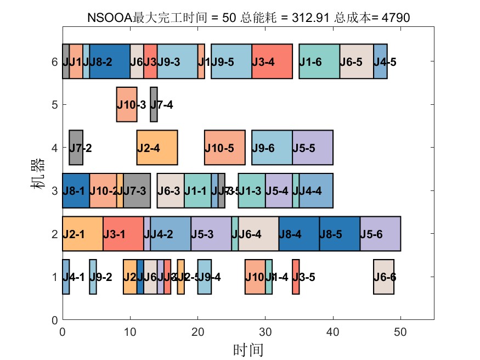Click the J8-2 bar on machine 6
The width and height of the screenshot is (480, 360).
[110, 61]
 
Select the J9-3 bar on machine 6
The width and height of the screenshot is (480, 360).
[177, 61]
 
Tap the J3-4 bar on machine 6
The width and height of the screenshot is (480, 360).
[272, 61]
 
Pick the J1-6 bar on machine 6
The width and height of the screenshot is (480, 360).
[319, 61]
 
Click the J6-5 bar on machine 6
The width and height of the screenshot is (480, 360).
[357, 61]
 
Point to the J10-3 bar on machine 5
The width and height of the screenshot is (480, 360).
[127, 104]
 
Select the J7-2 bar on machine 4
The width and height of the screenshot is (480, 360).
[76, 147]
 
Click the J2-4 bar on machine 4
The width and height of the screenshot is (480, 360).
[157, 147]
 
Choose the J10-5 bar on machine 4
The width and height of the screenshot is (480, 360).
[225, 147]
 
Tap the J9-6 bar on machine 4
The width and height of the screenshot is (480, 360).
[272, 147]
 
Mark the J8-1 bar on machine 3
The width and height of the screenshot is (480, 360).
[76, 190]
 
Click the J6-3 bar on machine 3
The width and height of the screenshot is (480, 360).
[171, 190]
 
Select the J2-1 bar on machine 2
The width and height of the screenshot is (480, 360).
[82, 234]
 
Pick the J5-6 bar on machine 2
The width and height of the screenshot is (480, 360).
[380, 234]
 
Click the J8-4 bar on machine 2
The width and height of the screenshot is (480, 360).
[299, 234]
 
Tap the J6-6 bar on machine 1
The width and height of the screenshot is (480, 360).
[383, 277]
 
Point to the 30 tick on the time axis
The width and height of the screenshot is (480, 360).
[266, 331]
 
